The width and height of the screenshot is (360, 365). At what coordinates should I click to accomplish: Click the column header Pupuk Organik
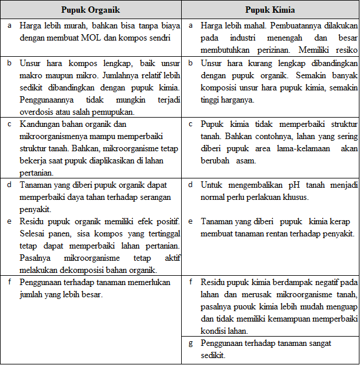(x=91, y=10)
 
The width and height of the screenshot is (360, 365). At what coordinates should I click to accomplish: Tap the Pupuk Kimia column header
(x=270, y=10)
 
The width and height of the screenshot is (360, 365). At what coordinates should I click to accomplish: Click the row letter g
(x=192, y=343)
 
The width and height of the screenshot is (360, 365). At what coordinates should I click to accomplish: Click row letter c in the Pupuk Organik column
(x=9, y=124)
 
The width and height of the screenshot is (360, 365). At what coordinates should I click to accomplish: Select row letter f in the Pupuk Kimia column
(x=192, y=282)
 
